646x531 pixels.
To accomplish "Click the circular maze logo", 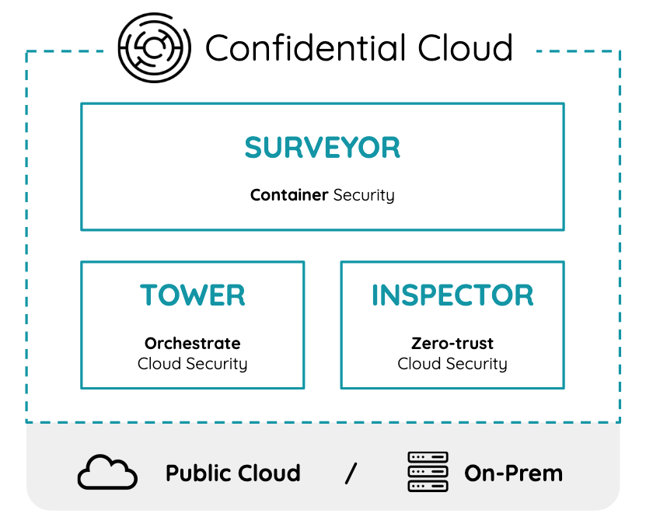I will click(154, 47).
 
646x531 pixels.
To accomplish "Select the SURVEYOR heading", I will click(323, 148).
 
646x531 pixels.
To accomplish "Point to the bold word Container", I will click(289, 195).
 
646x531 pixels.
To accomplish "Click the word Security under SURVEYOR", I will click(364, 195).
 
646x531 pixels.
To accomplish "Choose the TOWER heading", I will click(193, 295).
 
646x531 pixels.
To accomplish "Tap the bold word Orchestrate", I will click(193, 343).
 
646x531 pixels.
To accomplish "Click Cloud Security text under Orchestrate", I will click(193, 364).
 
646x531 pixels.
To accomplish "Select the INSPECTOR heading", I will click(452, 295).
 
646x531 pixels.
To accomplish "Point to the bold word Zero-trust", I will click(452, 343).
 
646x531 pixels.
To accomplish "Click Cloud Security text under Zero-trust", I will click(452, 364).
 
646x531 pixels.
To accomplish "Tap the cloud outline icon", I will click(107, 473).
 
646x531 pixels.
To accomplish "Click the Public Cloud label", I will click(233, 473).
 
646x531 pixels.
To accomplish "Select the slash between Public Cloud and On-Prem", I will click(351, 473).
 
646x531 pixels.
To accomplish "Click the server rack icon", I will click(428, 472).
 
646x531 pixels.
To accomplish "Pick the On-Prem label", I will click(513, 473).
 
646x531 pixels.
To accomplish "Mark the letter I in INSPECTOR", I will click(375, 295).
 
